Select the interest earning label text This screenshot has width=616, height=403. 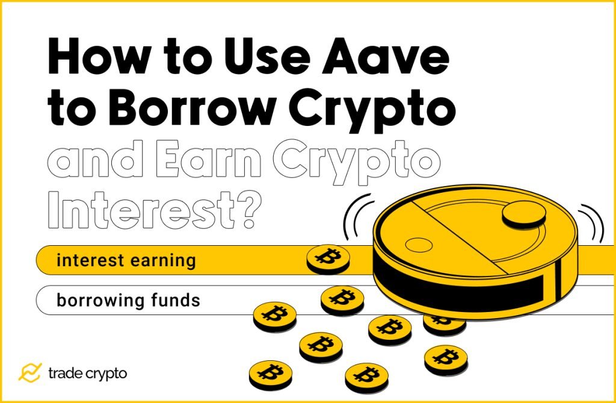pos(126,261)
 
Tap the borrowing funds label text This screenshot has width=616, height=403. pos(128,299)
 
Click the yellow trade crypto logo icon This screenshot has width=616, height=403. pos(29,373)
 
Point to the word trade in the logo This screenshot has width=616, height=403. pos(66,373)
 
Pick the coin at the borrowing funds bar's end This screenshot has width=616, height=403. pos(342,299)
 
